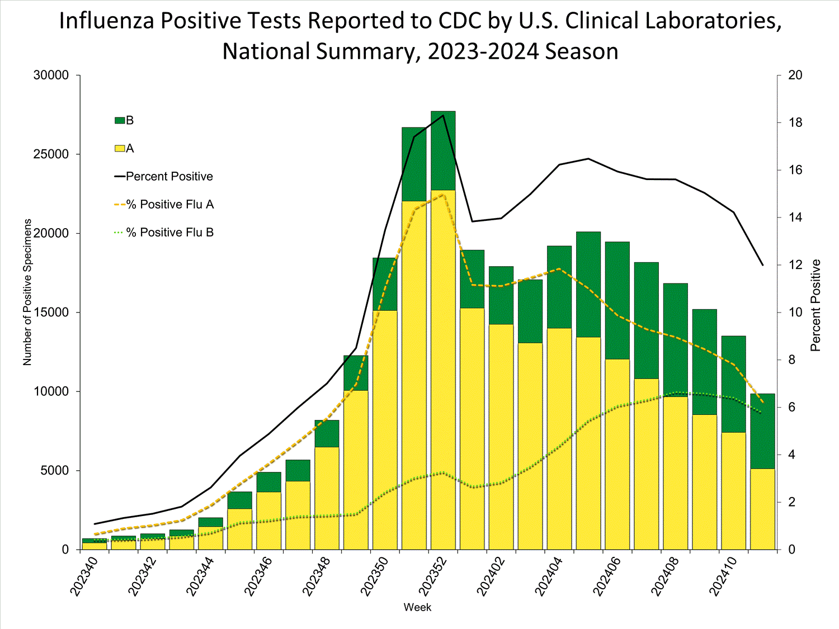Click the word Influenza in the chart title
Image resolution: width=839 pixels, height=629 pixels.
(x=107, y=21)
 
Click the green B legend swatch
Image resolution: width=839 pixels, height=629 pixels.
(x=119, y=120)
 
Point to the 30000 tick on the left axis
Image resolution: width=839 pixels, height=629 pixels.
(x=51, y=75)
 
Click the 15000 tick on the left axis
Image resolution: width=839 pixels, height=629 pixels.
(x=51, y=313)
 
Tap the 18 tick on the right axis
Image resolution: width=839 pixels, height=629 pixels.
(x=795, y=123)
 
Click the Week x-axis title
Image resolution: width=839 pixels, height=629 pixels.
(x=417, y=607)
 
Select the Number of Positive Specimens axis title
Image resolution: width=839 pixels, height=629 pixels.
(x=27, y=292)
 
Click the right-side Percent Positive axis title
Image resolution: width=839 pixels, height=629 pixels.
(x=816, y=305)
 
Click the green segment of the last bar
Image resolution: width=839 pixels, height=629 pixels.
(x=762, y=431)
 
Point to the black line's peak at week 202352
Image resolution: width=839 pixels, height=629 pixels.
(x=443, y=115)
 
